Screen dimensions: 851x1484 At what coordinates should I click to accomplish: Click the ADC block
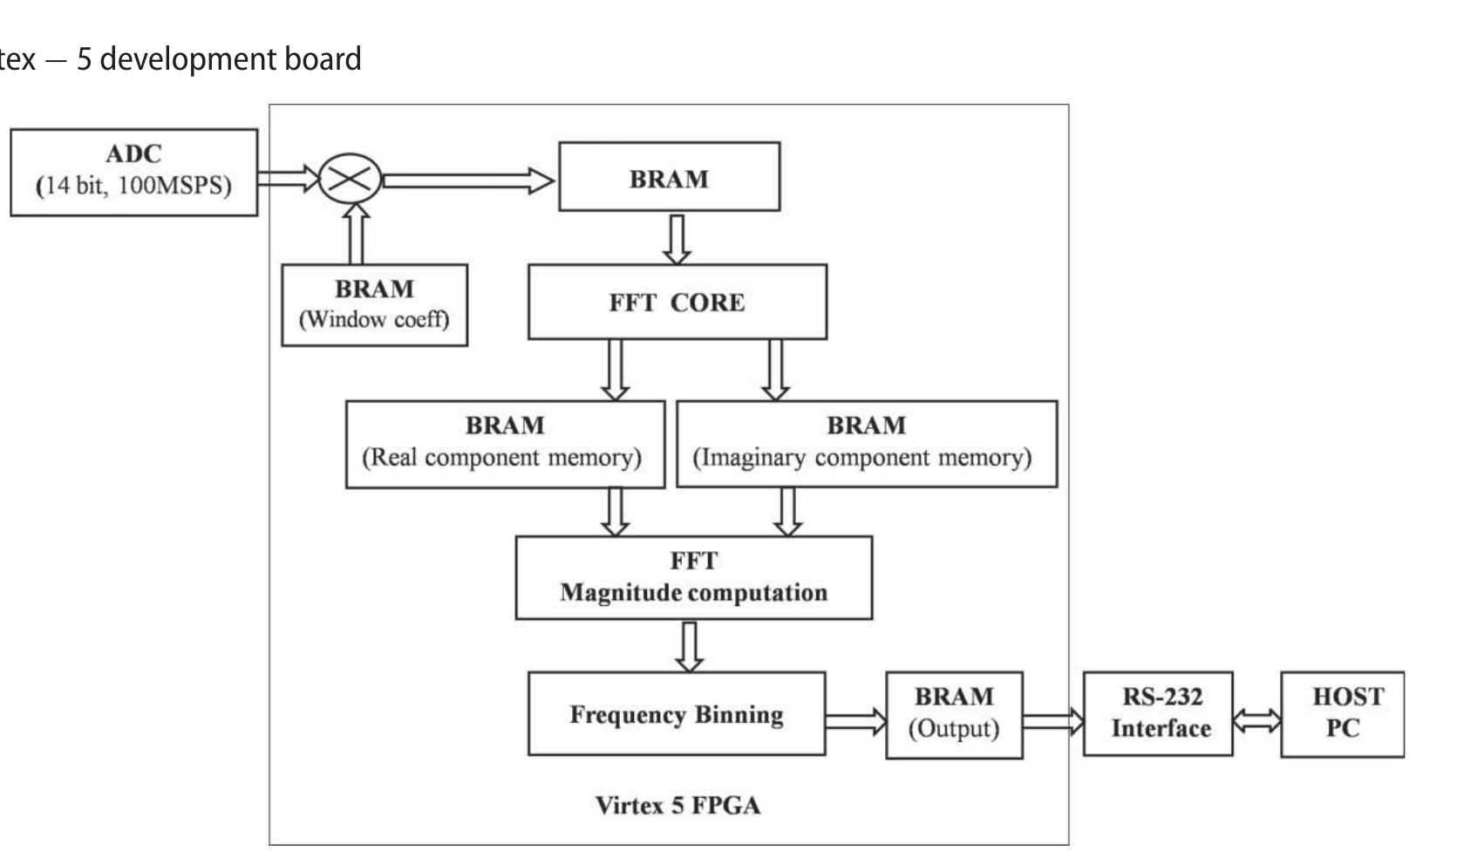[x=133, y=172]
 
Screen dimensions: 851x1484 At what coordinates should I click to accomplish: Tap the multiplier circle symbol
[x=350, y=179]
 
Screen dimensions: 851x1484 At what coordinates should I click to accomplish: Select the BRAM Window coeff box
[x=374, y=304]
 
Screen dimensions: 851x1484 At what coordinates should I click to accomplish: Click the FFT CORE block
[x=677, y=302]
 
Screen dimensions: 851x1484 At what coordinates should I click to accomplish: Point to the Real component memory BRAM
[x=504, y=443]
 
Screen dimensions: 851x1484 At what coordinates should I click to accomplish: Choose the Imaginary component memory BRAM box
[x=866, y=443]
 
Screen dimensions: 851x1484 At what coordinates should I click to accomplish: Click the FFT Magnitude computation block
[x=693, y=577]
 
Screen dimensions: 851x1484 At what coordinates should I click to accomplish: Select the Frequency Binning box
[x=676, y=713]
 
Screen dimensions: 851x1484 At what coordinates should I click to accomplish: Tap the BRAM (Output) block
[x=953, y=714]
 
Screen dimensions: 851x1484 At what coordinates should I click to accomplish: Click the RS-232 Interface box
[x=1158, y=713]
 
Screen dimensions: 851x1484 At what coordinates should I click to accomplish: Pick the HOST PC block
[x=1342, y=713]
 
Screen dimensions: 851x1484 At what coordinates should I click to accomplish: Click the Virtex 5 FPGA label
[x=677, y=805]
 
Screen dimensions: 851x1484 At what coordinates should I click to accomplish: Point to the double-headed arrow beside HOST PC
[x=1256, y=721]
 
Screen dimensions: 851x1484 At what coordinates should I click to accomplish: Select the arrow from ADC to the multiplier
[x=289, y=179]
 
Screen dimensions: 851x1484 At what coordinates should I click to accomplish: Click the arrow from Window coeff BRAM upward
[x=355, y=234]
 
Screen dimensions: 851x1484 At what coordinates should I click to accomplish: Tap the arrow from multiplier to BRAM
[x=467, y=180]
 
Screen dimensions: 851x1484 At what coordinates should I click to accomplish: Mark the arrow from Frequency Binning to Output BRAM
[x=854, y=721]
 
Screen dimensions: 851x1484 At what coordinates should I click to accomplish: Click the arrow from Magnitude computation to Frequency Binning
[x=689, y=646]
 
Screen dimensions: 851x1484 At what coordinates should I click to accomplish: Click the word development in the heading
[x=180, y=59]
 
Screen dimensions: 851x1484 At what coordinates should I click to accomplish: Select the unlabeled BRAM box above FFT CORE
[x=669, y=178]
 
